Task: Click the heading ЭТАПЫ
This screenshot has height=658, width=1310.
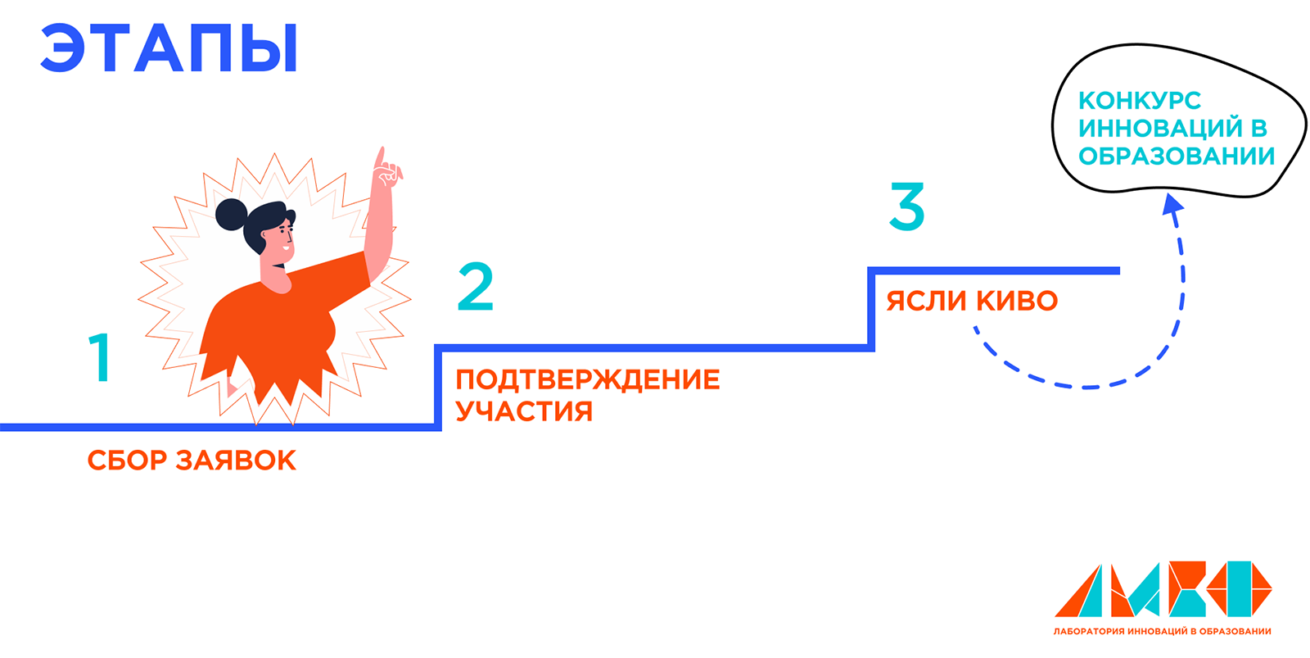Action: pos(169,49)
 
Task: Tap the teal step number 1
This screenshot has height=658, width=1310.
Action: pos(100,357)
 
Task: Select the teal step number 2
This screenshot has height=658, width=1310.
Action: pos(475,287)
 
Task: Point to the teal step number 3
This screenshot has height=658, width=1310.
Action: pos(906,206)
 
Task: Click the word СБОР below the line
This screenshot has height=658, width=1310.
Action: pos(127,461)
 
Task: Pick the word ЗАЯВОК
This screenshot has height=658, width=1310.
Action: pos(237,461)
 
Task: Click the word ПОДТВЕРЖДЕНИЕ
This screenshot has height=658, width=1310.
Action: pos(587,380)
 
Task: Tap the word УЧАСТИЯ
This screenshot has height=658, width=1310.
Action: pos(523,411)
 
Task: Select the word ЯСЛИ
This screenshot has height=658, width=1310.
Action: pos(926,302)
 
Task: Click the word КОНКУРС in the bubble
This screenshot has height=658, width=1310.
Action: pos(1139,101)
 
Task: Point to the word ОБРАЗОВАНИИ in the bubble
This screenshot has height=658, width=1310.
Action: pos(1177,156)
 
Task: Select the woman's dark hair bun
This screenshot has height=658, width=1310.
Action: pos(231,214)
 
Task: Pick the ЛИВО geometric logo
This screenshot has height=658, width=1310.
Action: pos(1163,589)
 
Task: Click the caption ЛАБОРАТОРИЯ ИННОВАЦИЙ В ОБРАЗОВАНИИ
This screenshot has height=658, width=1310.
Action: pos(1162,632)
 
